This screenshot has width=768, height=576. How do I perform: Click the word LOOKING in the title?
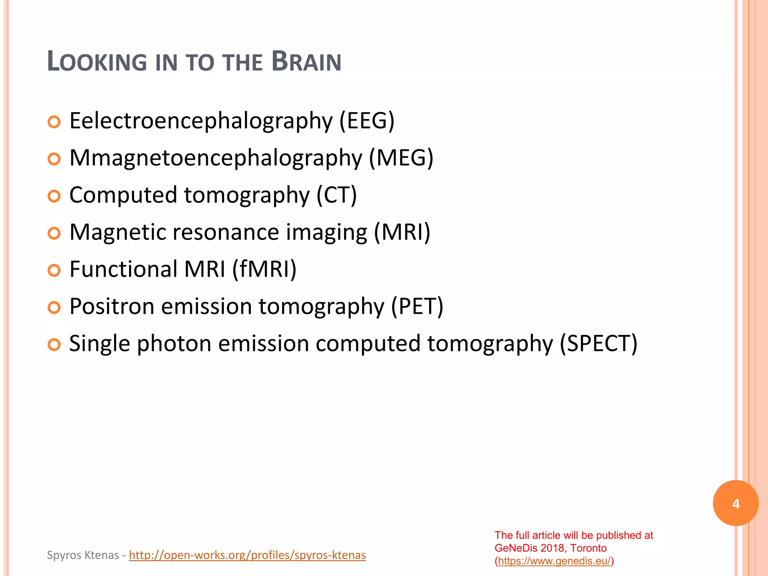[97, 61]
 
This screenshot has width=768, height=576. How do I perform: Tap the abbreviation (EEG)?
[367, 121]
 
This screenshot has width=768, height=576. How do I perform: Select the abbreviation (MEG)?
[401, 158]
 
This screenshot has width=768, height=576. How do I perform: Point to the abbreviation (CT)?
[336, 195]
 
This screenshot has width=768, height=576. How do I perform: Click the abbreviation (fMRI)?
[264, 269]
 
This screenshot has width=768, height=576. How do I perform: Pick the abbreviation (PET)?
[417, 306]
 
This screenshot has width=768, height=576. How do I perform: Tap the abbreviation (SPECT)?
[598, 343]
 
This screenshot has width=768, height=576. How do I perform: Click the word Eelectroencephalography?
[201, 121]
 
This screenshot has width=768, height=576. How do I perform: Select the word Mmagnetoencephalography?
[216, 158]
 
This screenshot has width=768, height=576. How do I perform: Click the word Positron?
[112, 306]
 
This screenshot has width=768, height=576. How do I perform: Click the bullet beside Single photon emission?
[54, 345]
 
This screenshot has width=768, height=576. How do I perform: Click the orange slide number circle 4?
[736, 503]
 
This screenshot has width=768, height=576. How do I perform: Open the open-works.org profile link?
[247, 555]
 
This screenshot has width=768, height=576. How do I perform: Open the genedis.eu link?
[554, 561]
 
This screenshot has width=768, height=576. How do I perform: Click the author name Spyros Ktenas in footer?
[83, 555]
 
